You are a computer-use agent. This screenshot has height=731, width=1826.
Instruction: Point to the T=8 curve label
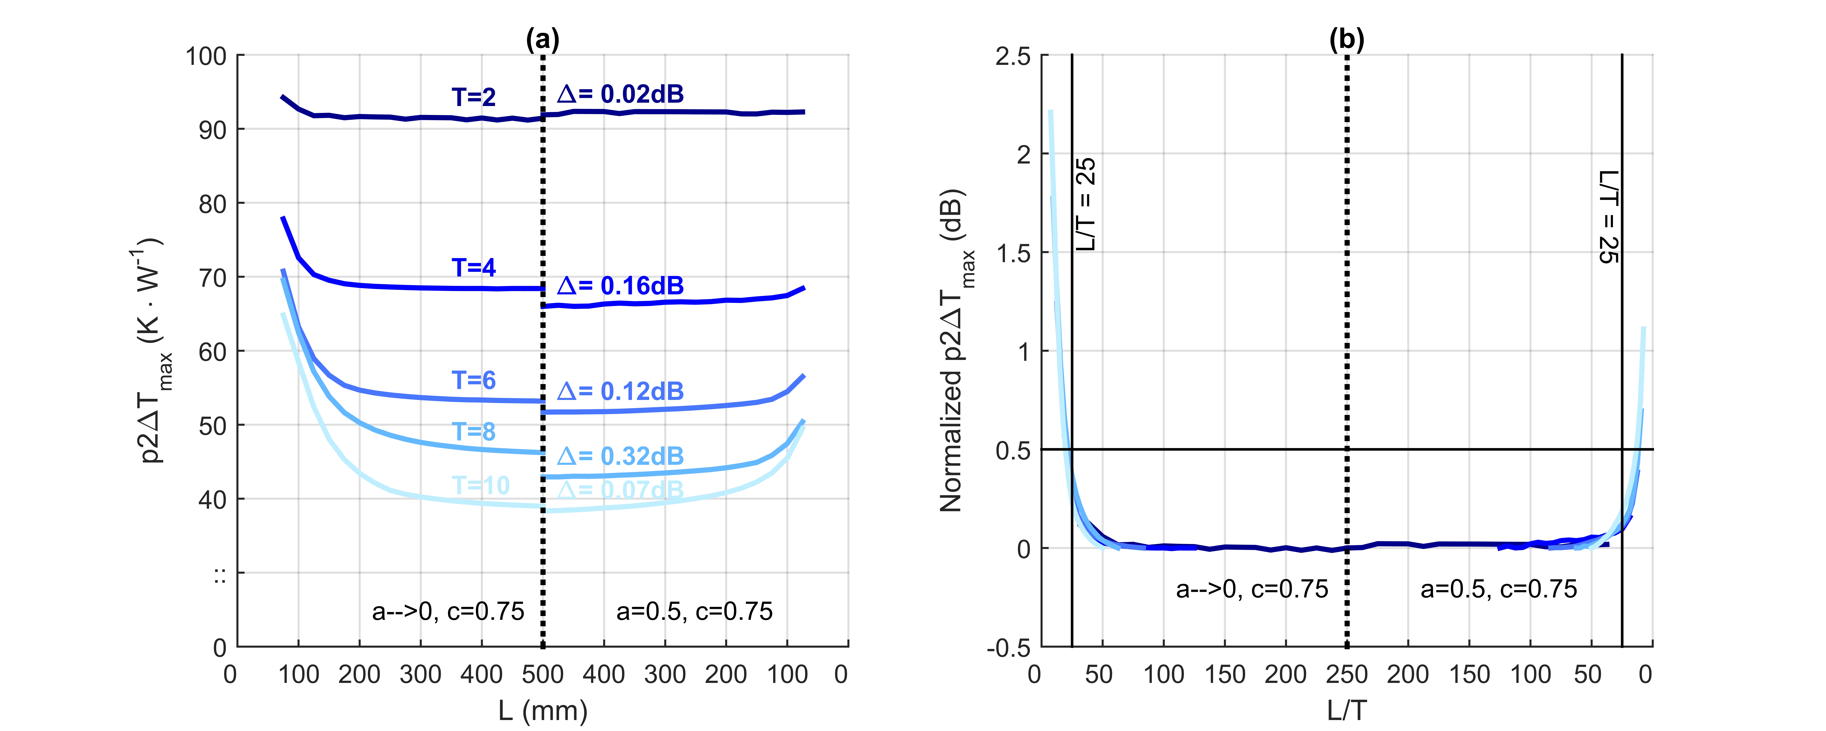pos(473,431)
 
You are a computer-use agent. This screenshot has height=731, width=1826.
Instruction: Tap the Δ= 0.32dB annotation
pos(620,456)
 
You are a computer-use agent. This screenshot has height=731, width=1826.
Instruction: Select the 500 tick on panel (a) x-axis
pos(542,674)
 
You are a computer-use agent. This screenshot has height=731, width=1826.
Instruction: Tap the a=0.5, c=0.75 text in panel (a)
pos(694,611)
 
